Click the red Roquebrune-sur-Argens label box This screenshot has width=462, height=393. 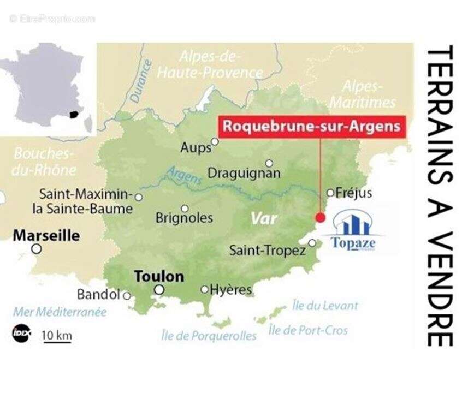pos(312,127)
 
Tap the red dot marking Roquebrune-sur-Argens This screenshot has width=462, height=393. pos(321,218)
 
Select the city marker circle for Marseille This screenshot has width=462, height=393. pos(36,249)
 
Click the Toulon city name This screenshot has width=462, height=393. pos(159,276)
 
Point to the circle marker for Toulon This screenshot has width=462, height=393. pos(159,290)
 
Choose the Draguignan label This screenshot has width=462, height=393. pos(244,174)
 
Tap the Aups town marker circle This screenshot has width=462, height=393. pos(215,142)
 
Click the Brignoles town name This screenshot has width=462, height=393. pos(184,218)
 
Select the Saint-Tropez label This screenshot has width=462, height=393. pos(267,251)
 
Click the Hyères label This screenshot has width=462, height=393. pos(231,289)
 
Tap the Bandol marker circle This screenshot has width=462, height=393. pos(126,296)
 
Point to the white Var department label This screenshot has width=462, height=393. pos(264,218)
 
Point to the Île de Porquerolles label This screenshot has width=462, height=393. pos(209,335)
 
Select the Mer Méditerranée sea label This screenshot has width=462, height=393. pos(60,312)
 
